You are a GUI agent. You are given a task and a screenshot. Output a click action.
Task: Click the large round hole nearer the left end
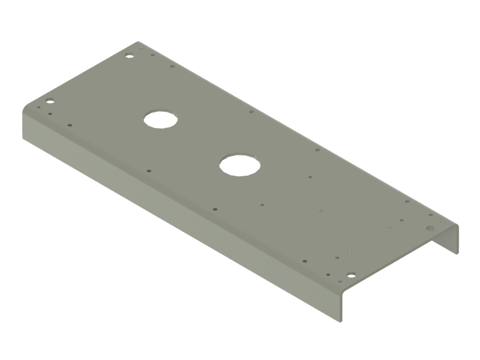[x=161, y=119]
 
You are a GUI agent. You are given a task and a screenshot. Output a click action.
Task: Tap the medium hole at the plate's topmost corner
[x=128, y=56]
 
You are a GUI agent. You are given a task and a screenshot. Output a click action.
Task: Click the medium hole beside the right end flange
[x=430, y=229]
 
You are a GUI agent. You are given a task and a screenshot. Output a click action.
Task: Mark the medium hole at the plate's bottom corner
[x=351, y=276]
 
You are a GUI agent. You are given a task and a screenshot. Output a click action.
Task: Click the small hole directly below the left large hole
[x=149, y=171]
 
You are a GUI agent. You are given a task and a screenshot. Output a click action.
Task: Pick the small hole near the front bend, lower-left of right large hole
[x=215, y=209]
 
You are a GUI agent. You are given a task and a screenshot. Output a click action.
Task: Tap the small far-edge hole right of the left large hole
[x=251, y=111]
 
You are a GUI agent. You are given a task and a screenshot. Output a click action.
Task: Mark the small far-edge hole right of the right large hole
[x=317, y=149]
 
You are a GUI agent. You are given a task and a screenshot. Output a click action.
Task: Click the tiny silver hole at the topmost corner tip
[x=139, y=45]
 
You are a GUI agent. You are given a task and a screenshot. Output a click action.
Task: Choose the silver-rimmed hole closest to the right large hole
[x=321, y=211]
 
